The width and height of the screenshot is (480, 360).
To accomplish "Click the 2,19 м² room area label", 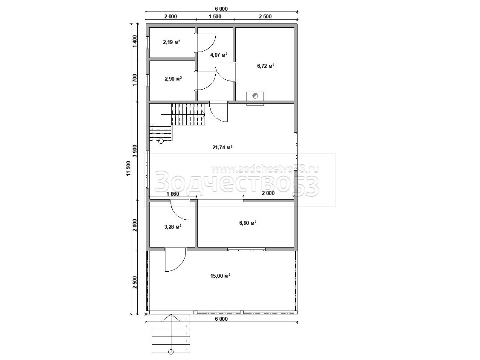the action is tap(171, 42).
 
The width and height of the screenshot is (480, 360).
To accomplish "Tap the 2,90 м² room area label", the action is tap(173, 79).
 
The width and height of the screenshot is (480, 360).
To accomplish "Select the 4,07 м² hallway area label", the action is tap(219, 55).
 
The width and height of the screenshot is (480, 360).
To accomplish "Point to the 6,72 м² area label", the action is tap(266, 66).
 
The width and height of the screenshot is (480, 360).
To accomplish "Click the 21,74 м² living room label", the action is tap(223, 148).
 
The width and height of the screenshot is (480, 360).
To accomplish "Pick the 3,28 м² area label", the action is tap(173, 227).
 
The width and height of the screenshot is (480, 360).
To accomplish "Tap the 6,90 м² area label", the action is tap(248, 223).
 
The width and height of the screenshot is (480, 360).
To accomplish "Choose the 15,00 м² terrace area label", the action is tap(220, 276).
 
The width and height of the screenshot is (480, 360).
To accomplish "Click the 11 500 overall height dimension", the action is tap(128, 168).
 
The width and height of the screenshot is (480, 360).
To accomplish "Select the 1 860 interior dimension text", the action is tap(173, 194).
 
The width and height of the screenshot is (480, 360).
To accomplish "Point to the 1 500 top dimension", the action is tap(215, 17).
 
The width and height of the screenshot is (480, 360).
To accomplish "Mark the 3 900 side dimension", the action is tap(135, 151).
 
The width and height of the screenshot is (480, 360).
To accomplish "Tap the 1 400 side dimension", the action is tap(135, 41).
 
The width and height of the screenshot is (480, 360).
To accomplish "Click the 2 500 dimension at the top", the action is tap(265, 17).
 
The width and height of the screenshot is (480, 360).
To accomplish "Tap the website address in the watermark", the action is tap(265, 169).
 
